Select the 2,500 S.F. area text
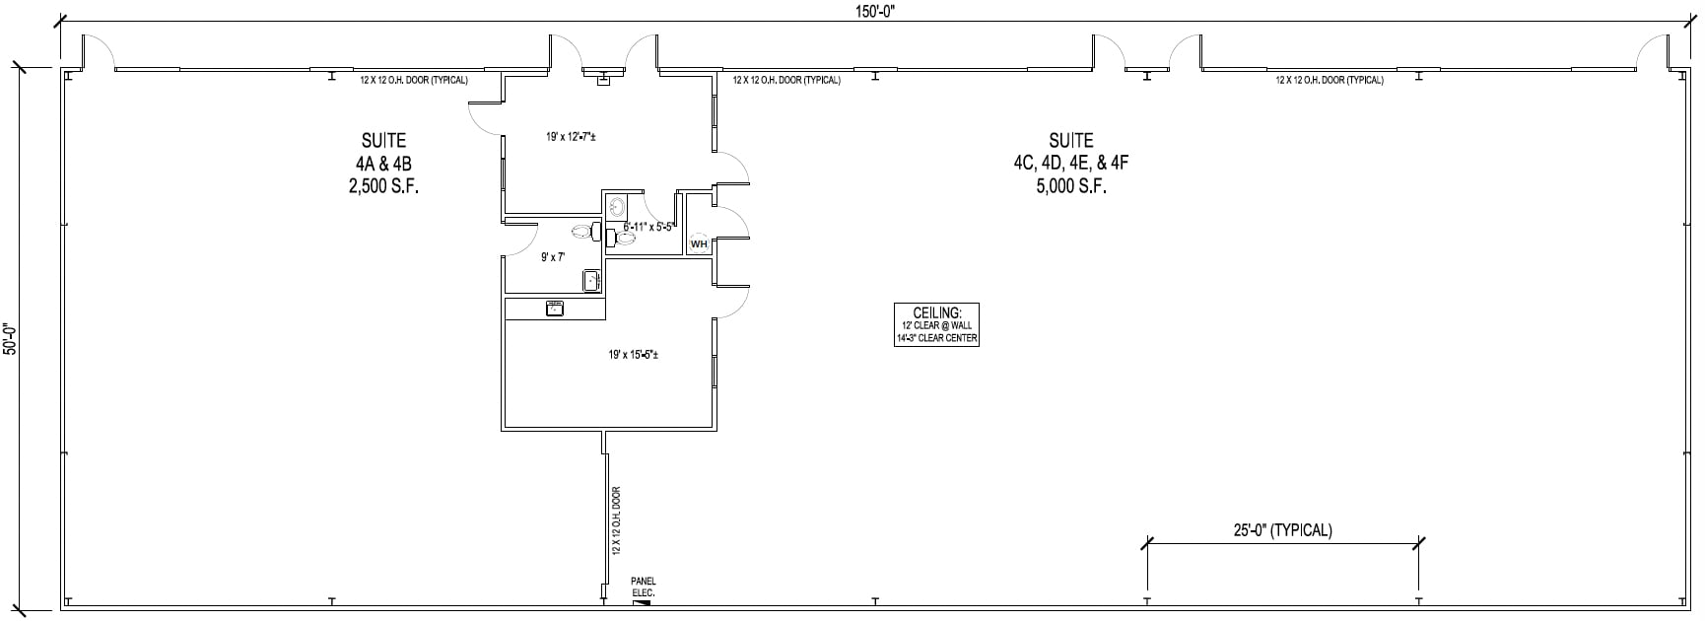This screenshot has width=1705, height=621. [x=383, y=186]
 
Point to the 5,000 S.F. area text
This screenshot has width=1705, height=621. [x=1070, y=186]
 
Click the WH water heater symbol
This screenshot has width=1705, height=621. [x=699, y=243]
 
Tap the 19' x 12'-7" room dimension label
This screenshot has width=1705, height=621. [x=571, y=137]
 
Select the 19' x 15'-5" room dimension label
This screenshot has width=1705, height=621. [x=633, y=354]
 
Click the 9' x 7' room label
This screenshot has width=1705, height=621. [x=553, y=257]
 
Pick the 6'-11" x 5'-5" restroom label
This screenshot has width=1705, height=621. [x=648, y=227]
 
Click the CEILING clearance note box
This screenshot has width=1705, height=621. [x=937, y=324]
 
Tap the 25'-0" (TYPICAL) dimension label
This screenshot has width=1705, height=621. [x=1282, y=530]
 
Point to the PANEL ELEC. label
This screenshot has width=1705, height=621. [x=643, y=587]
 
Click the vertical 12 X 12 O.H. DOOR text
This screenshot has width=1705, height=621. [x=617, y=519]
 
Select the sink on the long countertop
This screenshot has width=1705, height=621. [x=555, y=309]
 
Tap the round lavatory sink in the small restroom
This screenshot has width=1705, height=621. [x=616, y=207]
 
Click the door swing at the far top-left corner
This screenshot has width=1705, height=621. [x=98, y=52]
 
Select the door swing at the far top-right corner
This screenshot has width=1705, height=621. [x=1653, y=52]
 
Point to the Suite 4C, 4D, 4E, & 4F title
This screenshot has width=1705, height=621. [x=1070, y=152]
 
